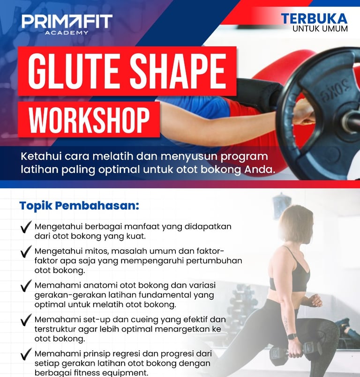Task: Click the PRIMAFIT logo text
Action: point(67,21)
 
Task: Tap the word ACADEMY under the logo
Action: point(67,33)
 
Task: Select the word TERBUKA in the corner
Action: point(314,19)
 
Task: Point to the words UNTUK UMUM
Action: point(320,29)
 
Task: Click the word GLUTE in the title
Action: point(74,71)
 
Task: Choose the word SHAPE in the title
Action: point(178,71)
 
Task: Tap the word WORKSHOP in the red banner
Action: point(89,120)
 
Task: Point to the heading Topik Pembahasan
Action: point(79,206)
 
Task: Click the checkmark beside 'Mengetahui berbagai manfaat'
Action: point(26,227)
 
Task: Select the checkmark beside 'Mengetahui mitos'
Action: point(26,251)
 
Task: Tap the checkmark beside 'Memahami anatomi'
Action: point(26,286)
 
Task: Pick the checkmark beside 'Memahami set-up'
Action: point(26,320)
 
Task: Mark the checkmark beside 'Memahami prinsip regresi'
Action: point(26,354)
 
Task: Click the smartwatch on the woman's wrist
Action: point(292,336)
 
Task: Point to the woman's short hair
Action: point(297,222)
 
